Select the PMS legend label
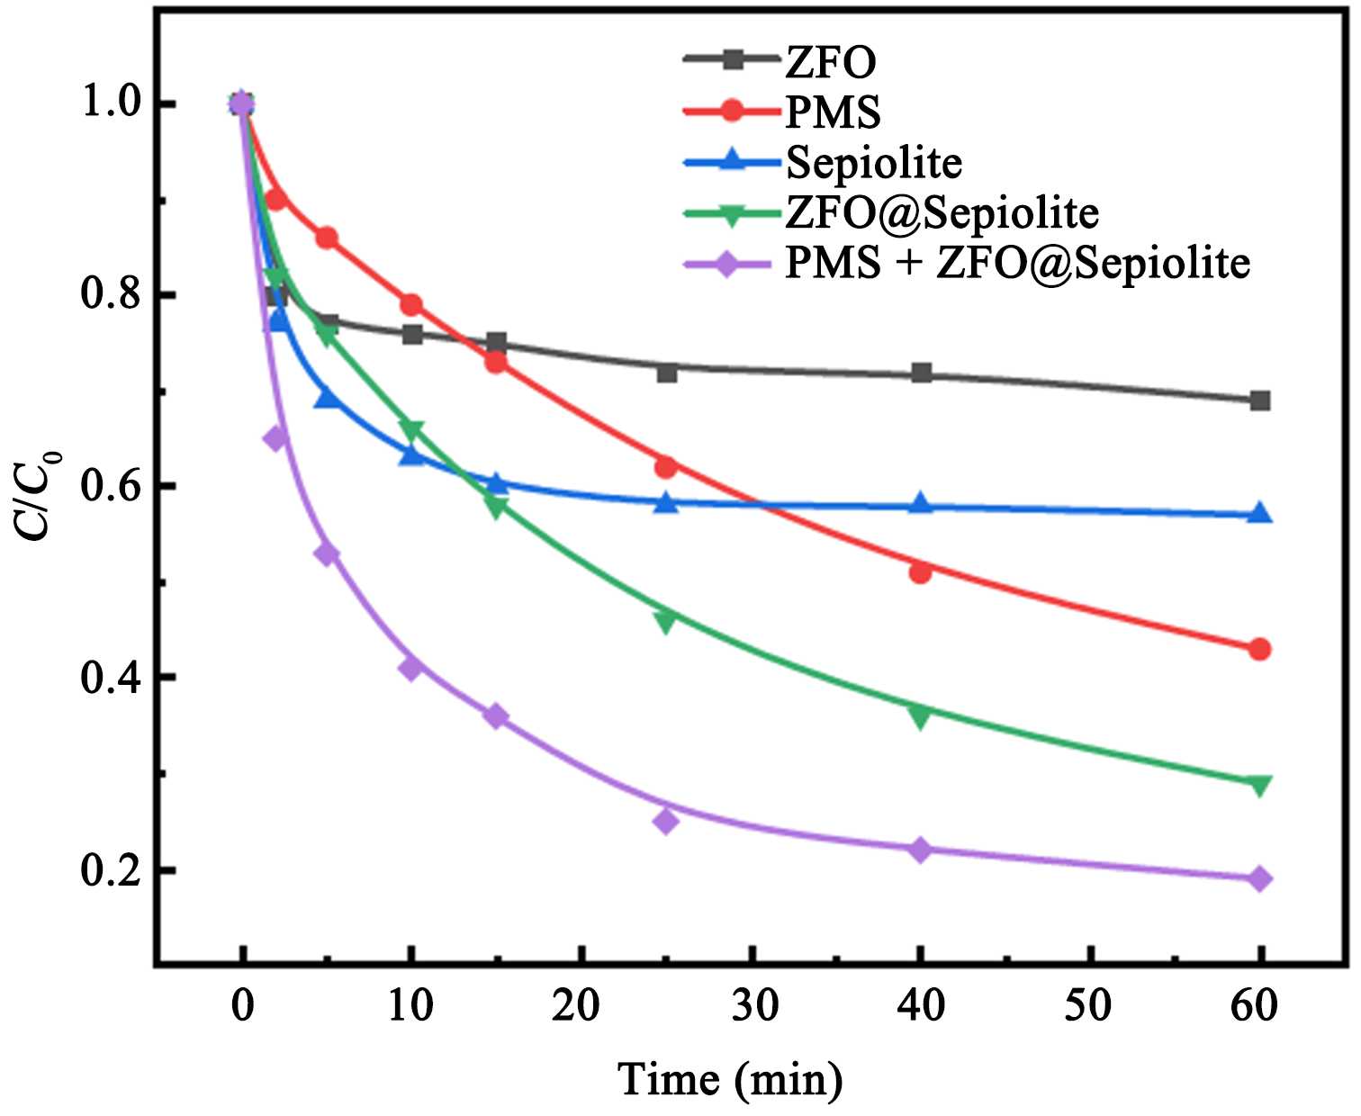833,112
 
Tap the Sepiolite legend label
873,163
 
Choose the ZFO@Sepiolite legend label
942,213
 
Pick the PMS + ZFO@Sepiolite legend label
1017,264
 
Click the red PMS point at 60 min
1260,649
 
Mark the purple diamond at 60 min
1260,878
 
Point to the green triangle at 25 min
665,620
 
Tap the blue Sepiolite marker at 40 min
920,504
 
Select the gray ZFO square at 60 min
1260,400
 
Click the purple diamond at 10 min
411,668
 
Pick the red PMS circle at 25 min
665,467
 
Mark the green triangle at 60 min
1260,786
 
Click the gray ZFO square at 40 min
920,373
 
